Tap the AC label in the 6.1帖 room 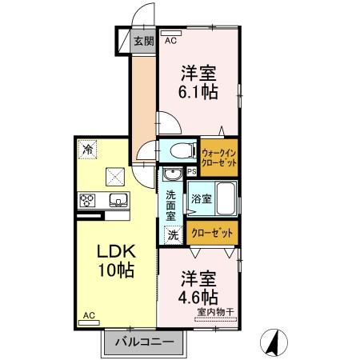pyautogui.click(x=170, y=40)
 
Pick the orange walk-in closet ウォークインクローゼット pyautogui.click(x=219, y=157)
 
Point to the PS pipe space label pyautogui.click(x=192, y=170)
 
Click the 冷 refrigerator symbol pyautogui.click(x=86, y=149)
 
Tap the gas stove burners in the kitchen pyautogui.click(x=87, y=200)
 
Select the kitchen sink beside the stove pyautogui.click(x=117, y=200)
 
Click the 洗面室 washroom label pyautogui.click(x=171, y=205)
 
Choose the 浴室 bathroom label pyautogui.click(x=201, y=198)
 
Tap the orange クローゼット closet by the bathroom pyautogui.click(x=214, y=233)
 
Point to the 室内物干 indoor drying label pyautogui.click(x=215, y=314)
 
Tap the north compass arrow pyautogui.click(x=274, y=342)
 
